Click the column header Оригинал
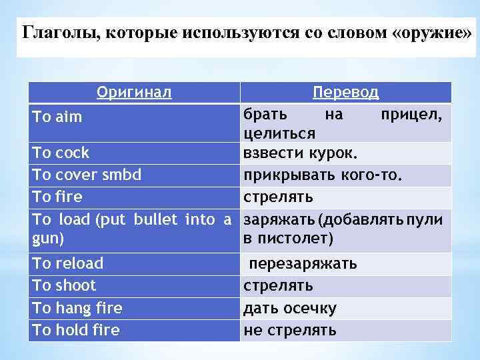(x=134, y=92)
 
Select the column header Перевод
(x=345, y=92)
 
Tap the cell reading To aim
(x=58, y=117)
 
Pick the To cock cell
(x=61, y=153)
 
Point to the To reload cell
(x=68, y=263)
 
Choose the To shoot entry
(x=64, y=285)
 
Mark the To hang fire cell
(x=77, y=308)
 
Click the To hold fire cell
(x=76, y=330)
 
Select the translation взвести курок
(x=301, y=153)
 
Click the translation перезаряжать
(x=303, y=264)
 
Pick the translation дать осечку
(x=290, y=309)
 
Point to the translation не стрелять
(x=290, y=331)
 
